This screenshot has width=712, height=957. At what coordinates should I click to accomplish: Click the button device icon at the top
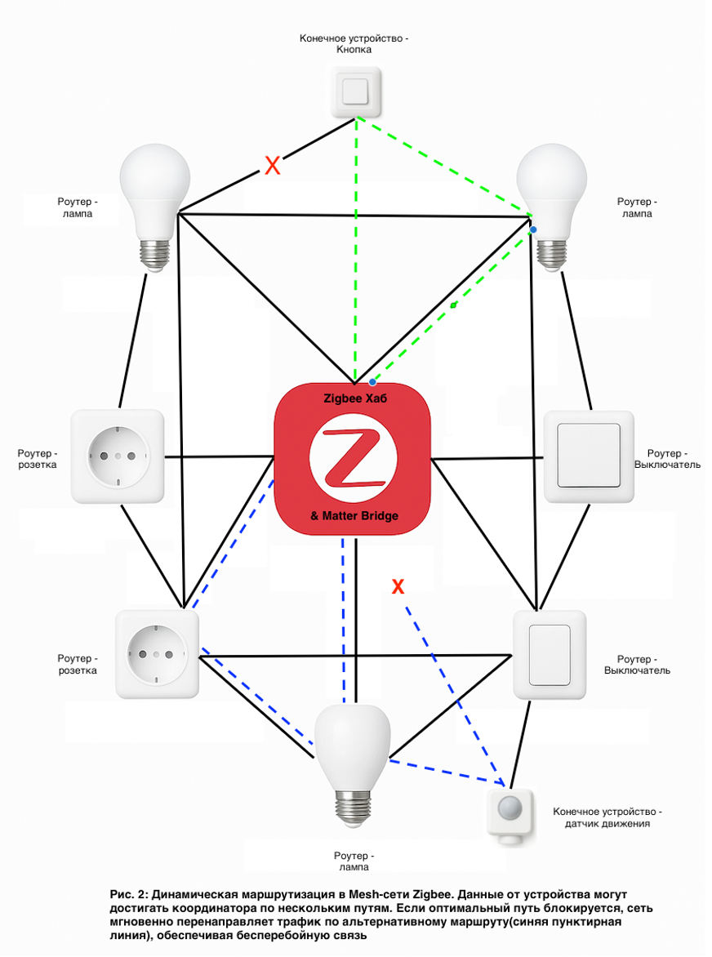355,92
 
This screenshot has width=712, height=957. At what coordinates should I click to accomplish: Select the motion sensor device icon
510,812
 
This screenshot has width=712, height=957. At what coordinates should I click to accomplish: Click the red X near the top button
273,167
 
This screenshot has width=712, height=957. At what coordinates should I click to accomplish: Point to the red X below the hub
398,586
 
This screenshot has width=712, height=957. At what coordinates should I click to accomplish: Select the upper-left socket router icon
118,456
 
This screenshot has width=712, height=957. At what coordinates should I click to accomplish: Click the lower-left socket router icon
158,654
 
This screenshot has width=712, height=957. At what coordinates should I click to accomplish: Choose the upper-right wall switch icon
588,455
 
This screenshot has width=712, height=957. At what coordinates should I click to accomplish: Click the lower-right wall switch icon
550,654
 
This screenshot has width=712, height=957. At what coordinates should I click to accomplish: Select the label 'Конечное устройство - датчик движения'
607,817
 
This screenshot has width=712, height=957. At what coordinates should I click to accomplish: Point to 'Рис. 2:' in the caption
129,894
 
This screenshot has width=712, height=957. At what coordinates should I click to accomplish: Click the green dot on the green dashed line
454,305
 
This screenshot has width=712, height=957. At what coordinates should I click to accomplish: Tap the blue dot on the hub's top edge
372,381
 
